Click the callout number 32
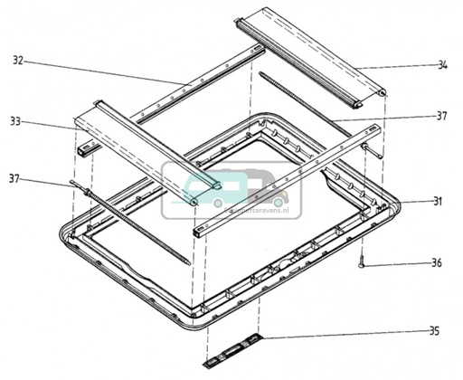18,61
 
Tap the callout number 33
18,120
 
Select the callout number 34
442,65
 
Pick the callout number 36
436,264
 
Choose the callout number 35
435,331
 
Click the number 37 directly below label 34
442,116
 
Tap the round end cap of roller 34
383,93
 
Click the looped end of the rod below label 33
73,185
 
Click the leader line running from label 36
398,263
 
